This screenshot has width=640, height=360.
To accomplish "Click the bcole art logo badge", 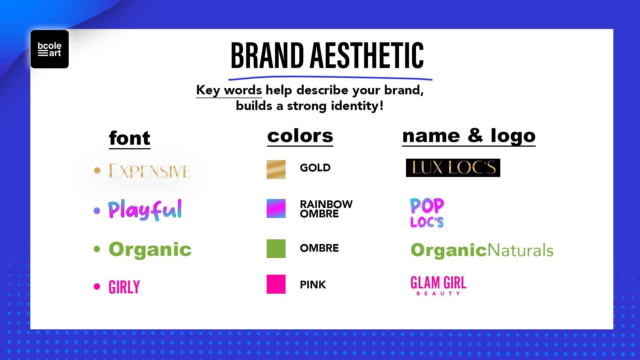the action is point(50,49).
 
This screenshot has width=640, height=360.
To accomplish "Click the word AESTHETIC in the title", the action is point(367,56).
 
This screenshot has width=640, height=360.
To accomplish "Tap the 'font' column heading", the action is point(130,138).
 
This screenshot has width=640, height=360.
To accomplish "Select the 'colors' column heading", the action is point(300,136).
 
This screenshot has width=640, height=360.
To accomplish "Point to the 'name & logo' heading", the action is point(469,136).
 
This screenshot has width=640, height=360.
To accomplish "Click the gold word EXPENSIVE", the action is point(150,171).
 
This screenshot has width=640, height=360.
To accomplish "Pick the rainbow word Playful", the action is point(145,210).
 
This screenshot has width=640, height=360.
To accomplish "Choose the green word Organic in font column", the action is point(150,249).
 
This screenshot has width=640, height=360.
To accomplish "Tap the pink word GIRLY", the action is point(124,287).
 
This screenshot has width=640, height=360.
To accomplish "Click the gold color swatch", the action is point(276,169).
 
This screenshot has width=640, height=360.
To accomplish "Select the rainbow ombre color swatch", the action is point(276,208).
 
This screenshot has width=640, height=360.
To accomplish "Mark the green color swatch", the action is point(276,249).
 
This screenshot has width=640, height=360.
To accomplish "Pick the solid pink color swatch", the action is point(276,284).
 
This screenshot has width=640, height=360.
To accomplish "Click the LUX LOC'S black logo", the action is point(453,168).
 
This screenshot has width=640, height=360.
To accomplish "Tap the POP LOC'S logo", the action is point(427,213).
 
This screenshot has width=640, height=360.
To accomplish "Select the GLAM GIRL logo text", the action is point(438,283).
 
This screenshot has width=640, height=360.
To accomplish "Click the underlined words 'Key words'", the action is point(229,90).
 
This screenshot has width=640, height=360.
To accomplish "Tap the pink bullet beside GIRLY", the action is point(97,287).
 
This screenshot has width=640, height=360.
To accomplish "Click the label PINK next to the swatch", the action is point(313,285).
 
